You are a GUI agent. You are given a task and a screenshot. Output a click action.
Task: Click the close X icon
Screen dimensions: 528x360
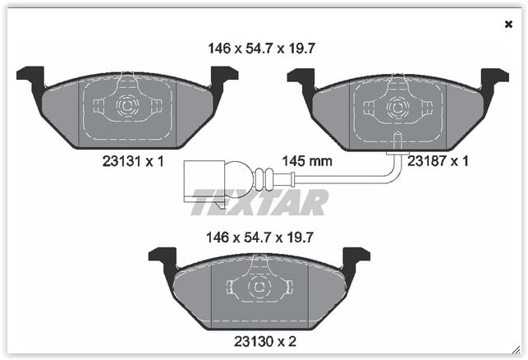click(508, 25)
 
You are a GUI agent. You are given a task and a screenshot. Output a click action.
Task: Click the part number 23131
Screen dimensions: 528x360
click(122, 161)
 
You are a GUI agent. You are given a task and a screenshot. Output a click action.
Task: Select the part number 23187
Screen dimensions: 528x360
click(427, 161)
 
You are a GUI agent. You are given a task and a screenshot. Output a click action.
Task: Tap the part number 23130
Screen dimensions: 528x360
click(253, 342)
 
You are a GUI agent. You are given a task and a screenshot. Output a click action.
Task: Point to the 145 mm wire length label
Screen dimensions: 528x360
click(307, 161)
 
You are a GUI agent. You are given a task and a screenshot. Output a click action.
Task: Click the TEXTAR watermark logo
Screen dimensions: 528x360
click(259, 202)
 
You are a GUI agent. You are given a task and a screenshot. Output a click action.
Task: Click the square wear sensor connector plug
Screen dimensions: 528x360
click(204, 181)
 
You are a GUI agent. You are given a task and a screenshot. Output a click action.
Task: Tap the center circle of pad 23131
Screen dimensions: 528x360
click(127, 106)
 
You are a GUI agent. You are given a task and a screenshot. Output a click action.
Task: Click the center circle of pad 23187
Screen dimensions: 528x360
click(398, 108)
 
